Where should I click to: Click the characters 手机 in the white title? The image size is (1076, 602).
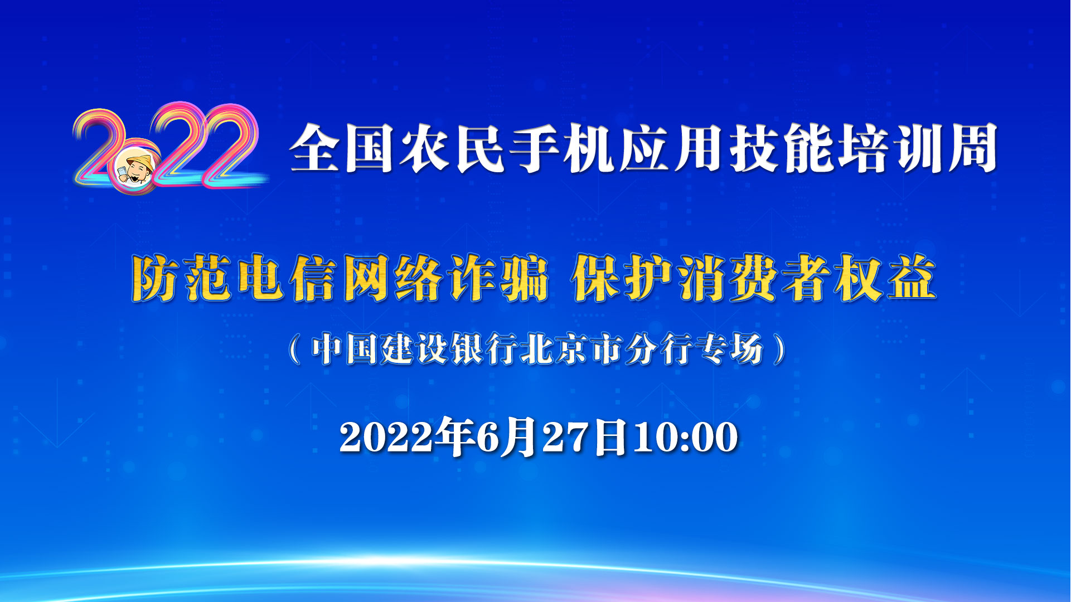pyautogui.click(x=563, y=148)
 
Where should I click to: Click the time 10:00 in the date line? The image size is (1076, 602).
pyautogui.click(x=685, y=437)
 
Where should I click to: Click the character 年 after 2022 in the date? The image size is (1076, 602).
pyautogui.click(x=453, y=437)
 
